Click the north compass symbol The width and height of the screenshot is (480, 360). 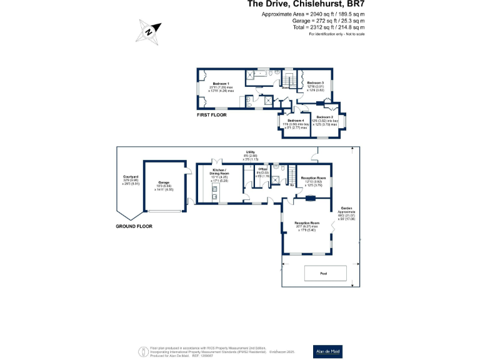(150, 30)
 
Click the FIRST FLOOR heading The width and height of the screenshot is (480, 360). (211, 115)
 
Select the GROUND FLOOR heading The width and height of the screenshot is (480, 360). (133, 226)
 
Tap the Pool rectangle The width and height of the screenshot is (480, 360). (324, 273)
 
